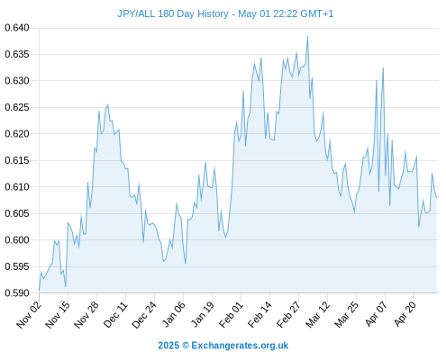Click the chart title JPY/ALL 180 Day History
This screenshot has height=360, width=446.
tap(173, 13)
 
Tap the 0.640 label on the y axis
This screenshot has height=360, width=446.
tap(17, 28)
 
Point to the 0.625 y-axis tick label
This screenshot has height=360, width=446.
tap(17, 107)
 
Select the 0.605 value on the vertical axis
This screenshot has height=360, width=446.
tap(17, 213)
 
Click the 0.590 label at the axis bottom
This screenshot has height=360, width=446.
tap(17, 293)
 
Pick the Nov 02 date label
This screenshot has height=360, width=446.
tap(29, 314)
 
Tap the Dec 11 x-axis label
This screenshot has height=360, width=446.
tap(115, 314)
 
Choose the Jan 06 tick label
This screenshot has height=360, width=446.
tap(174, 314)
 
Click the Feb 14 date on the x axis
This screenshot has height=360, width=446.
tap(260, 314)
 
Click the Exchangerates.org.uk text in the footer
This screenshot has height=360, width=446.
tap(240, 346)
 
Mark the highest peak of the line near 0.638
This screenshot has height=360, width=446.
tap(307, 37)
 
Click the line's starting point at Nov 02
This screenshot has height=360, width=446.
tap(39, 291)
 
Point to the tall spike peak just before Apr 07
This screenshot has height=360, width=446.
tap(383, 67)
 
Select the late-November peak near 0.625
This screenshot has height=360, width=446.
tap(107, 104)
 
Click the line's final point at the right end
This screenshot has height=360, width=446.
tap(436, 198)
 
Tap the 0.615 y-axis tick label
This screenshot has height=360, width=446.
tap(17, 160)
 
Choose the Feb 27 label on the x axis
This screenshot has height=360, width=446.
tap(289, 314)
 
